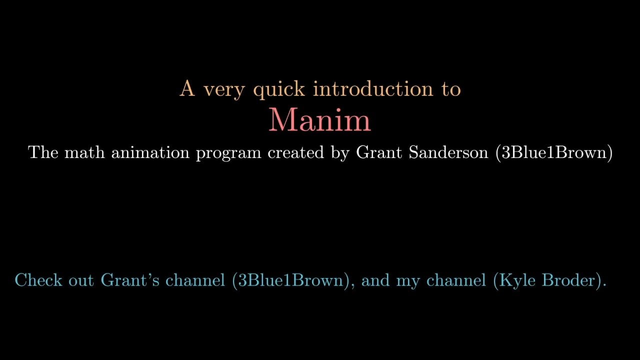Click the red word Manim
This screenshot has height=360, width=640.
click(319, 120)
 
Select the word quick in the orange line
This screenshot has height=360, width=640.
click(279, 90)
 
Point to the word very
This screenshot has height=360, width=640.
click(224, 91)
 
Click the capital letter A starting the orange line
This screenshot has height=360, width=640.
click(187, 88)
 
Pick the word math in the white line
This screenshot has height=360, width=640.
click(84, 152)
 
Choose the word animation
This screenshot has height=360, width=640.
click(150, 152)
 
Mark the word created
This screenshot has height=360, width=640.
click(296, 152)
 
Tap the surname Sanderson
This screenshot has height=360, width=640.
click(448, 152)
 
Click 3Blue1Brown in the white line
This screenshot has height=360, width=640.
click(554, 152)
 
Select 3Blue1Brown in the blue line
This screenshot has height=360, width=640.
click(290, 280)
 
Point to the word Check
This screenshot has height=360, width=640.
click(38, 280)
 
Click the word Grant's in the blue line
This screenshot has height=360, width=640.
click(130, 280)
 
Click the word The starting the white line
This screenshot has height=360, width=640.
click(43, 152)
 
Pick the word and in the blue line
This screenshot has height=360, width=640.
click(375, 280)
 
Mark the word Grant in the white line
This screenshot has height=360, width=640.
click(379, 152)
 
